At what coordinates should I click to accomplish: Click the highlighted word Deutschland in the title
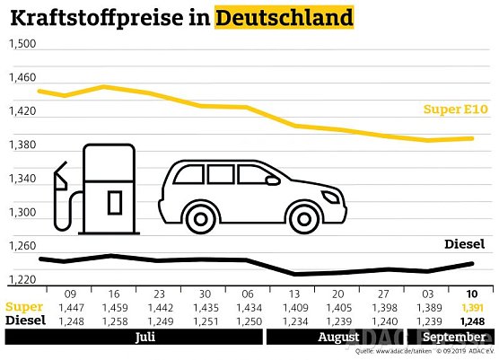(284, 17)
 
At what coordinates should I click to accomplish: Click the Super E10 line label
(455, 110)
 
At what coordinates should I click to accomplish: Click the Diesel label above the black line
(464, 244)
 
